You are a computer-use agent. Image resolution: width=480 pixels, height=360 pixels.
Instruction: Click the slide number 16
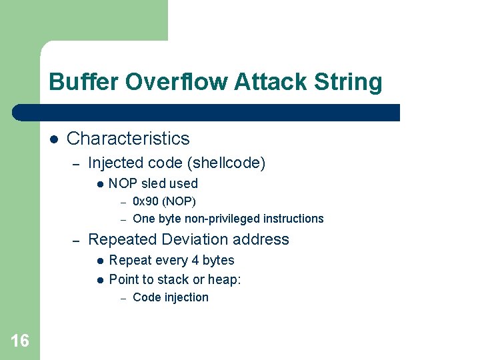point(19,341)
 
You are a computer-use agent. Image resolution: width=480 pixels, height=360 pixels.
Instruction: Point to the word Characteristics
point(128,139)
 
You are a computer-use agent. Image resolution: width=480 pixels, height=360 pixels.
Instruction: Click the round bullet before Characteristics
point(53,139)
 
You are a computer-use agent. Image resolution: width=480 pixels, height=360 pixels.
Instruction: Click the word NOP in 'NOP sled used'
point(122,183)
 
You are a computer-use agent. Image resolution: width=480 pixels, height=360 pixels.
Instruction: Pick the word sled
point(154,183)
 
